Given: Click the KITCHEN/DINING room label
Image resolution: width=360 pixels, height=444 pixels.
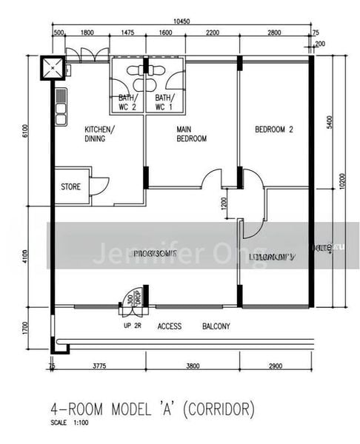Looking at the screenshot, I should click(99, 134).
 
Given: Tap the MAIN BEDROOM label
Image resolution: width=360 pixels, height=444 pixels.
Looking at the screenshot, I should click(190, 134).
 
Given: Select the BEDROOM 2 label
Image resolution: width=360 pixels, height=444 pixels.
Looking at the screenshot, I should click(274, 129).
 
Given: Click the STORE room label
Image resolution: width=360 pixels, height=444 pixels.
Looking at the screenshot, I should click(70, 187).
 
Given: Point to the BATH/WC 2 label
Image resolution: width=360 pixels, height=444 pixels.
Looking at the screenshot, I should click(127, 102).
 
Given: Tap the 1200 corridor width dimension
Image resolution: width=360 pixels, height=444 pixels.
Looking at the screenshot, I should click(224, 203).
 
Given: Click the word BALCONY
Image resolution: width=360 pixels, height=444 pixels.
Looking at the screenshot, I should click(216, 326).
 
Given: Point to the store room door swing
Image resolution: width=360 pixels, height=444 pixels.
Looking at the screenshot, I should click(99, 185).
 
